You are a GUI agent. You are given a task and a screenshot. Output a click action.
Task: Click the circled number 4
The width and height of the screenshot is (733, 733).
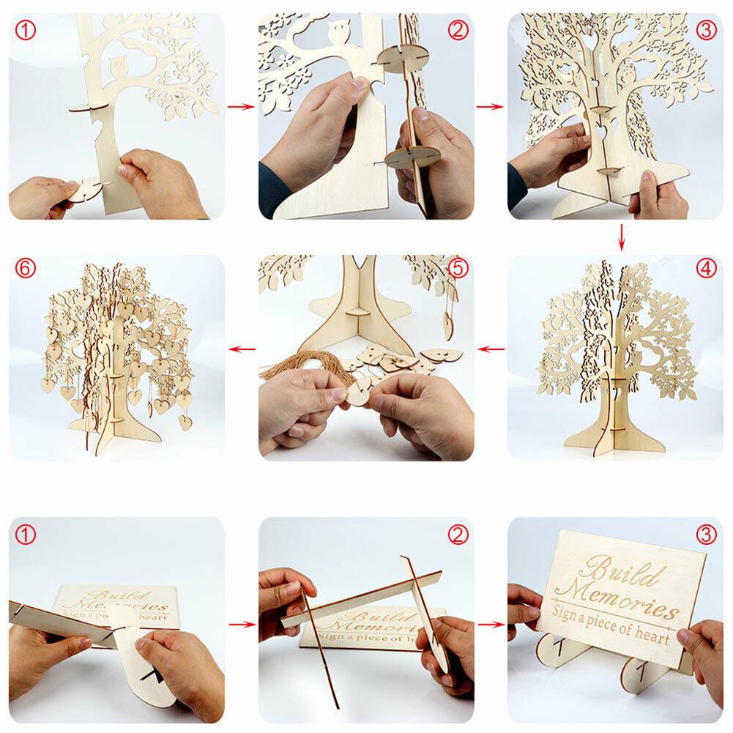click(x=706, y=268)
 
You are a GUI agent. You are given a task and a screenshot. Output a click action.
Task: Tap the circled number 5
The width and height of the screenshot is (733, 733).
click(x=458, y=268)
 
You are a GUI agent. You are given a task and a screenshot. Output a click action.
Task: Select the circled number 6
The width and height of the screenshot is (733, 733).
click(x=26, y=268)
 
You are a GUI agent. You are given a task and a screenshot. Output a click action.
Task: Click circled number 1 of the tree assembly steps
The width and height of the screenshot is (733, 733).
click(x=26, y=30)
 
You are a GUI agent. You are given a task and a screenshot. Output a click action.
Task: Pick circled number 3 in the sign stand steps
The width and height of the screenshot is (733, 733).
click(x=706, y=535)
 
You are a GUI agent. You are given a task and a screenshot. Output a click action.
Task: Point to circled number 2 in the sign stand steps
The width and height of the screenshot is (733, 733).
click(x=458, y=535)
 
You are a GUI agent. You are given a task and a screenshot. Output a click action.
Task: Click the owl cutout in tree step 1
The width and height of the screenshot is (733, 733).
click(x=118, y=70)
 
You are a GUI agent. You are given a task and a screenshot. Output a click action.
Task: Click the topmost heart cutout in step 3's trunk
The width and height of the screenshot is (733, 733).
click(x=589, y=44)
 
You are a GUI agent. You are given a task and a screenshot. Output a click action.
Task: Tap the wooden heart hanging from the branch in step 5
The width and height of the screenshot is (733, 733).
click(x=447, y=323)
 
